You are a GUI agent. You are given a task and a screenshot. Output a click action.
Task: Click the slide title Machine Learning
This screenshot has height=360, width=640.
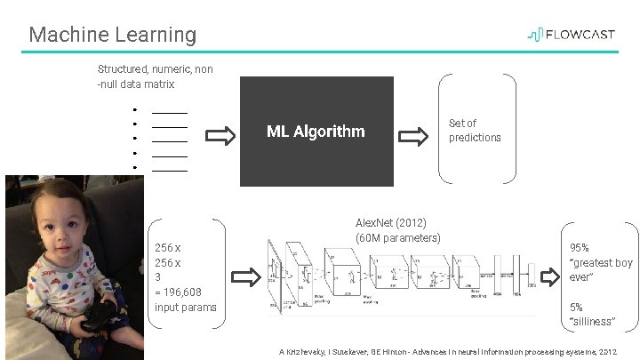(112, 35)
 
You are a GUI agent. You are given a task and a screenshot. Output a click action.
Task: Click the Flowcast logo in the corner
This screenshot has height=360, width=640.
(573, 35)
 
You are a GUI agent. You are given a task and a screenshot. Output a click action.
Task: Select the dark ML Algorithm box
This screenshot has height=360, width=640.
(316, 132)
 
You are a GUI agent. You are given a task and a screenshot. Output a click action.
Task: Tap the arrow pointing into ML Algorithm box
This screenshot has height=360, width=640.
(220, 136)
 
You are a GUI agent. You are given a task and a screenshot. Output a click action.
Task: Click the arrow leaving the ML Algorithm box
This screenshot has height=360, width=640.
(413, 136)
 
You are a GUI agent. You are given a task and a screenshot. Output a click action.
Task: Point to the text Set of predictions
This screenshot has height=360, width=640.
(475, 131)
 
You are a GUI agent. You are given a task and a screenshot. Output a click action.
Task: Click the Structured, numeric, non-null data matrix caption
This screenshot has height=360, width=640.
(155, 76)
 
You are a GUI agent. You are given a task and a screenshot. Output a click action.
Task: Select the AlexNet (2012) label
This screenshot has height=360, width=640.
(390, 222)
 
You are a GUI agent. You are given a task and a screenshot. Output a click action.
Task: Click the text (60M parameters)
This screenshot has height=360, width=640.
(397, 237)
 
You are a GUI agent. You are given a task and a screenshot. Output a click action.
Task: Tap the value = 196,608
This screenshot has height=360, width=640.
(178, 292)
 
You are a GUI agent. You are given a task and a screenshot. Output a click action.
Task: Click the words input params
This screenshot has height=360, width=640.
(185, 307)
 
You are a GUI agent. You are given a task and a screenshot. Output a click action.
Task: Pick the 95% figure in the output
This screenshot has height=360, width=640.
(579, 248)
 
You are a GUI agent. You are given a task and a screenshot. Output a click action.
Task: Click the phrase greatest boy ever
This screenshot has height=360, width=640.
(600, 269)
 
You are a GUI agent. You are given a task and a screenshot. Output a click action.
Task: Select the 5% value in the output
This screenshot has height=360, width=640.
(576, 307)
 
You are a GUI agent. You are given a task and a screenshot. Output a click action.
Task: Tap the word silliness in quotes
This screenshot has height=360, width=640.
(593, 321)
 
